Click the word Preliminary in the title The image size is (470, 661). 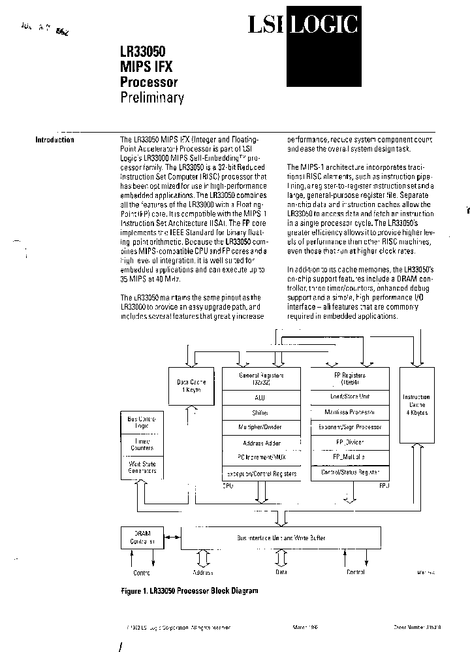[152, 98]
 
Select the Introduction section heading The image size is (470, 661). [54, 140]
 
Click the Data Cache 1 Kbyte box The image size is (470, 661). [189, 386]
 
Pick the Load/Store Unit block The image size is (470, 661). [350, 396]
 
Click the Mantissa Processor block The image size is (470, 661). [350, 412]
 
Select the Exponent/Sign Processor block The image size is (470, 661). [350, 427]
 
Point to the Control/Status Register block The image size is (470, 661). [350, 472]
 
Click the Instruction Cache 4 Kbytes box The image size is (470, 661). [416, 405]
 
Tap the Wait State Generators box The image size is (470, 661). [142, 467]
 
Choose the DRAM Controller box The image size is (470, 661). [142, 538]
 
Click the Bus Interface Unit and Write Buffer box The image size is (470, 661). [281, 538]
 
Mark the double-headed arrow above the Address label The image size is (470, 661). [203, 558]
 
